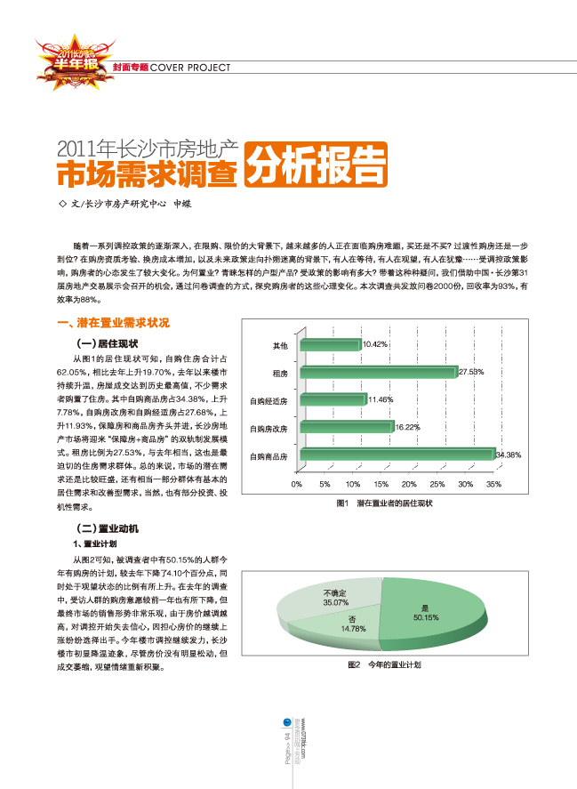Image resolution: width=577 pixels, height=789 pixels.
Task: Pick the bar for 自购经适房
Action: click(x=333, y=400)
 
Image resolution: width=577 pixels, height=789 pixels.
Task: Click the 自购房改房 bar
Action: click(x=346, y=428)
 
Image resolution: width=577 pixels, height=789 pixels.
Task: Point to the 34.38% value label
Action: click(x=508, y=455)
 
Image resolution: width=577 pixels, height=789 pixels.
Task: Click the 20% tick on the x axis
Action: click(x=408, y=485)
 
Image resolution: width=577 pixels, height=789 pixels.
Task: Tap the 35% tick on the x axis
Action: click(x=493, y=485)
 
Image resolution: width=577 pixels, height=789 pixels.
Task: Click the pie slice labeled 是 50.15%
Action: click(x=427, y=614)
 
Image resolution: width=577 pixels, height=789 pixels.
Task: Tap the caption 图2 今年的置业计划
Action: click(x=383, y=664)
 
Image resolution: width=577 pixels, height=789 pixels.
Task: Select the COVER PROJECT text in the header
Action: click(x=190, y=68)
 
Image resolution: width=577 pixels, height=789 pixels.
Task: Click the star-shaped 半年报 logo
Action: click(x=67, y=60)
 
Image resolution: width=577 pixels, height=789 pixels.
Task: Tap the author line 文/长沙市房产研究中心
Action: click(x=124, y=204)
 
